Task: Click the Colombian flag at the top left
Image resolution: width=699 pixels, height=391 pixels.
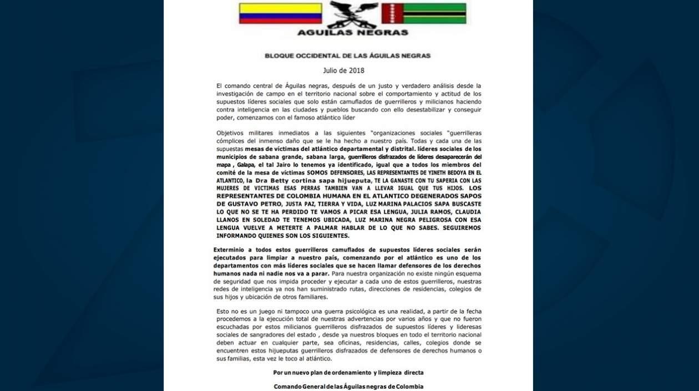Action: [280, 13]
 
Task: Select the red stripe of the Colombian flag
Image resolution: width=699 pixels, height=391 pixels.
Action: [280, 21]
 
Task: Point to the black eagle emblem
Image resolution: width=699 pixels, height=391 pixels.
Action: [352, 14]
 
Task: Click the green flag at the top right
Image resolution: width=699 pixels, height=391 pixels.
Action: [424, 13]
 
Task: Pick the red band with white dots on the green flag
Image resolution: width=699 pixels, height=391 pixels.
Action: [392, 13]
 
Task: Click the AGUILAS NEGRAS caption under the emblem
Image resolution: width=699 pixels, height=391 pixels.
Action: [352, 32]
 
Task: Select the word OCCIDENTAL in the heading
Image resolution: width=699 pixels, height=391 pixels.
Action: [322, 56]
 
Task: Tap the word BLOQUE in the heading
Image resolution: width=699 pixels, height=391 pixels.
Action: [278, 56]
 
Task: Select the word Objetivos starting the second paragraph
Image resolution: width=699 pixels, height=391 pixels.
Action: [231, 133]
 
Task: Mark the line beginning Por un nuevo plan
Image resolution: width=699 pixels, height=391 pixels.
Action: [348, 373]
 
